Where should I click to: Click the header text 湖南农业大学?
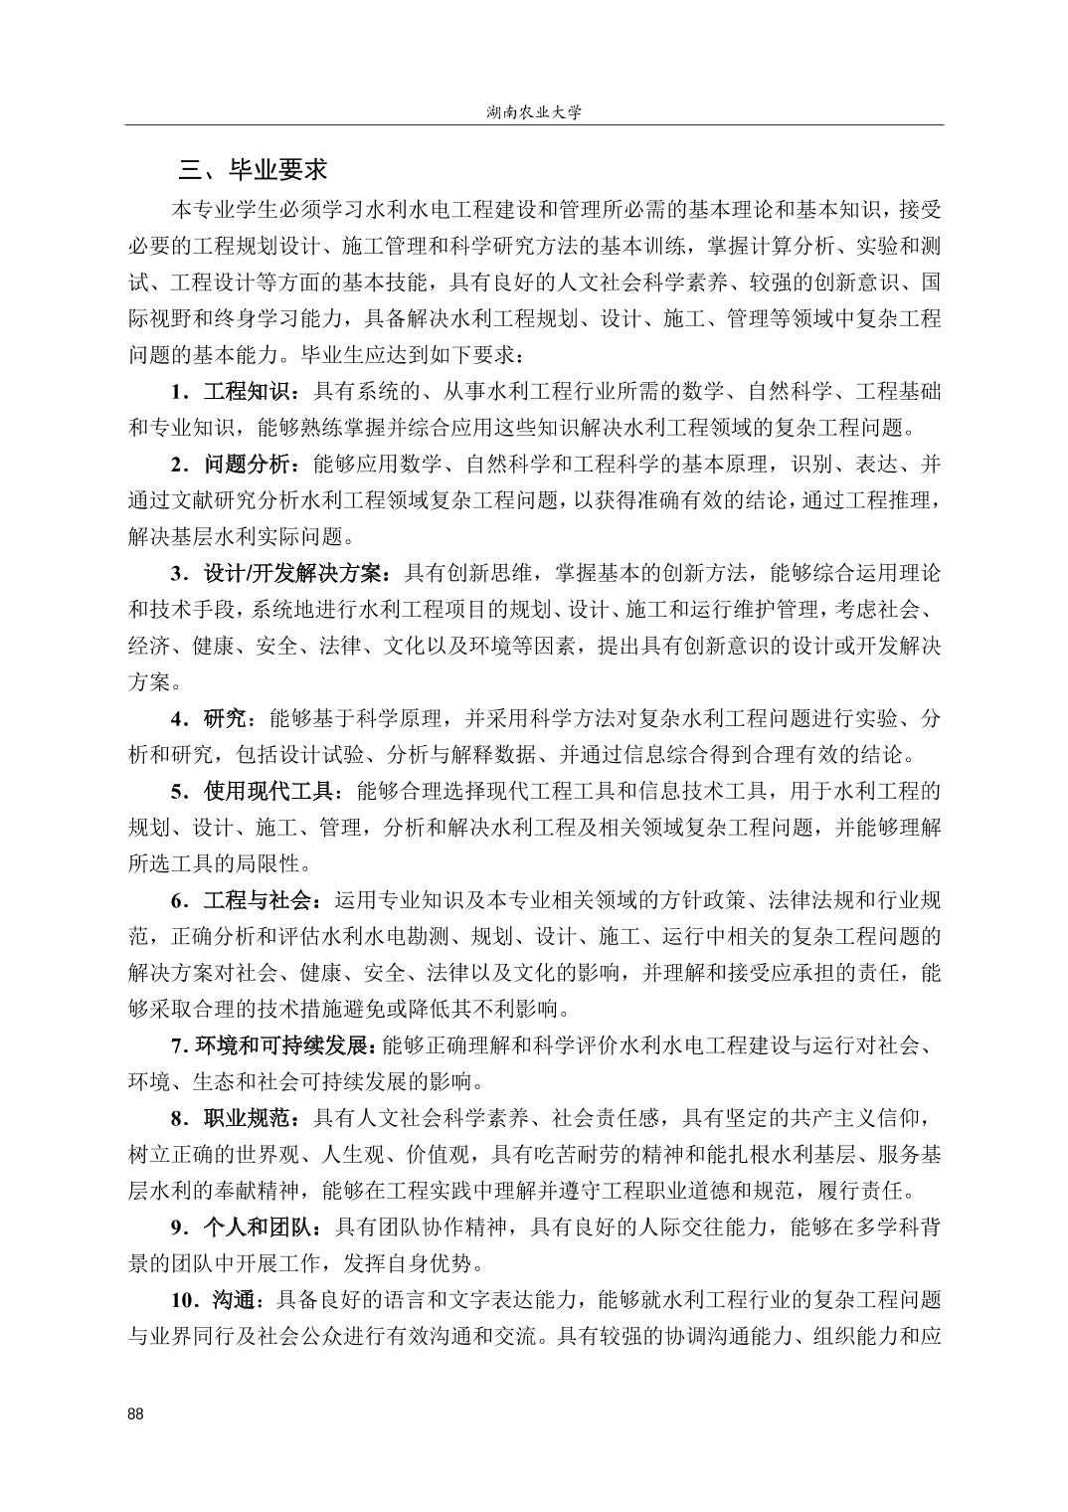point(534,112)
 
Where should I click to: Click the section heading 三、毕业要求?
point(253,170)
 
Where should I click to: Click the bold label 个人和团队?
point(257,1228)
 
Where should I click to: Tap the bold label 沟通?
point(236,1300)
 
